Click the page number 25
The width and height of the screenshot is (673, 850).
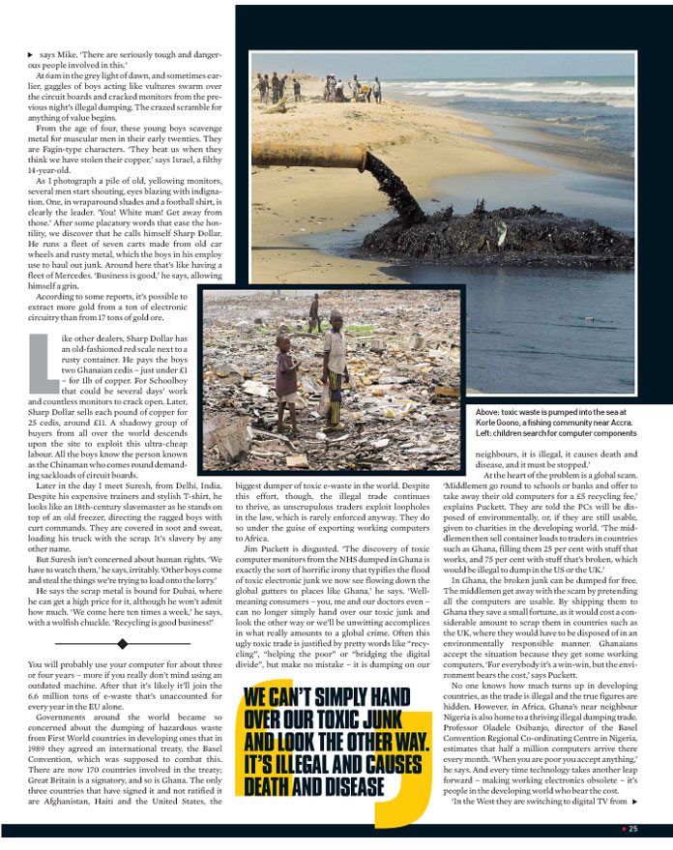click(x=632, y=829)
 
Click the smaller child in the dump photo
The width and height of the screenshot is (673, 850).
click(x=287, y=383)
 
